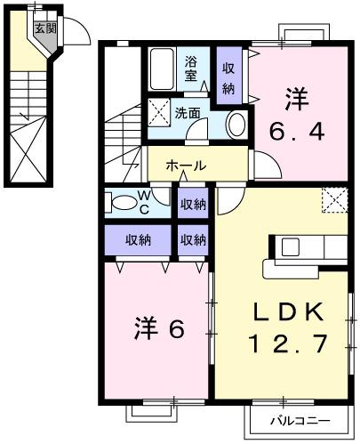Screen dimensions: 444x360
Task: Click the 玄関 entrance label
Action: pos(44,28)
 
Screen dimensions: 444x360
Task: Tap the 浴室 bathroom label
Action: pos(192,69)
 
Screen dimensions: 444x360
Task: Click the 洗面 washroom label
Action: pos(187,114)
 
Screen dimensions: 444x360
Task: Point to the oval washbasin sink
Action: pos(237,125)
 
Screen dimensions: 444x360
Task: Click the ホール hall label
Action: pos(186,165)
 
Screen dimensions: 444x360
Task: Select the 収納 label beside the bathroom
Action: pos(229,78)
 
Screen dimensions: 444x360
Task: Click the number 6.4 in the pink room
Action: pos(297,134)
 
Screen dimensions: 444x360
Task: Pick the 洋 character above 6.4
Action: pos(298,99)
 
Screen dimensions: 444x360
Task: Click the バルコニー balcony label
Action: pos(300,420)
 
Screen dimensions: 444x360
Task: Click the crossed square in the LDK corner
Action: pos(334,201)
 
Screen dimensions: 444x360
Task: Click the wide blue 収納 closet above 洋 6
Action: pos(138,239)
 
